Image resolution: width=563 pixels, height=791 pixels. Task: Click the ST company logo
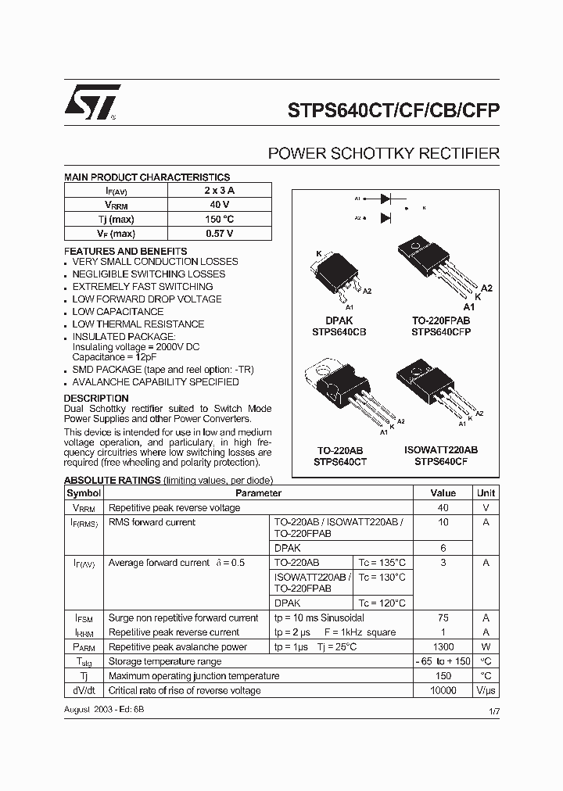[x=92, y=102]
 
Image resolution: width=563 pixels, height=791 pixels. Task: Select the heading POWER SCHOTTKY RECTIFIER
[x=383, y=154]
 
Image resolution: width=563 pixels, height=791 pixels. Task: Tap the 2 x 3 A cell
[x=219, y=190]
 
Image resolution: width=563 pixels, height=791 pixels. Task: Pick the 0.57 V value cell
[x=219, y=233]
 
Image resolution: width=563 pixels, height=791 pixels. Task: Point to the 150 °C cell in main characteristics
[x=219, y=219]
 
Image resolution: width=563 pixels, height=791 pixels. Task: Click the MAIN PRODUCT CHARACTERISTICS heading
[x=147, y=177]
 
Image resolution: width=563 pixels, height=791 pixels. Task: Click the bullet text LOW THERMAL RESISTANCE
[x=138, y=324]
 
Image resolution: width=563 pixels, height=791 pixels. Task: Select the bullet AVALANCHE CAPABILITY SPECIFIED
[x=155, y=382]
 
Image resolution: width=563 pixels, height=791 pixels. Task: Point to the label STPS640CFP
[x=441, y=331]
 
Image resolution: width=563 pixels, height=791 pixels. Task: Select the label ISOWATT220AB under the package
[x=441, y=450]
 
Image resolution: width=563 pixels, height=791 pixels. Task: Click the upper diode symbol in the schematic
[x=385, y=199]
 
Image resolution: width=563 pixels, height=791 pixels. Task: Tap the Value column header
[x=443, y=493]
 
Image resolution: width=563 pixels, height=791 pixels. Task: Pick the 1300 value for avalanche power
[x=443, y=647]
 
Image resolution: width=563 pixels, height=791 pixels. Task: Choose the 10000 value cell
[x=443, y=690]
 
